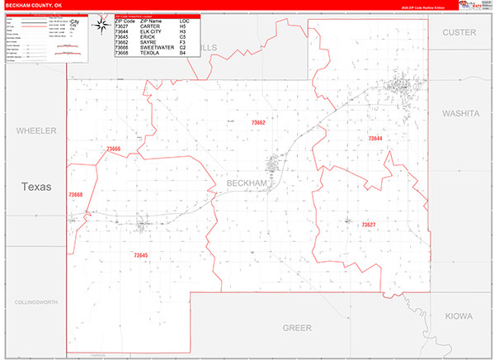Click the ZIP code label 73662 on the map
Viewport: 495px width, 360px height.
coord(258,122)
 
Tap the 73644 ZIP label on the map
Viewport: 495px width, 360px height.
coord(375,138)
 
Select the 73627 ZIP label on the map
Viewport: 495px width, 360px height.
coord(368,225)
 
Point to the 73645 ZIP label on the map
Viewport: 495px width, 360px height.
coord(140,256)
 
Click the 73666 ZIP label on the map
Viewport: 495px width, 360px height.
coord(114,149)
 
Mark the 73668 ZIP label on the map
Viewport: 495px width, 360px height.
coord(76,195)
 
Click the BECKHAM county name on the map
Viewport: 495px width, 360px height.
coord(247,182)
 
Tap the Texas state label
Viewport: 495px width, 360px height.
coord(36,187)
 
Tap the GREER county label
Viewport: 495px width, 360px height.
coord(297,328)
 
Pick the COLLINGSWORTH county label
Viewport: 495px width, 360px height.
coord(36,303)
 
